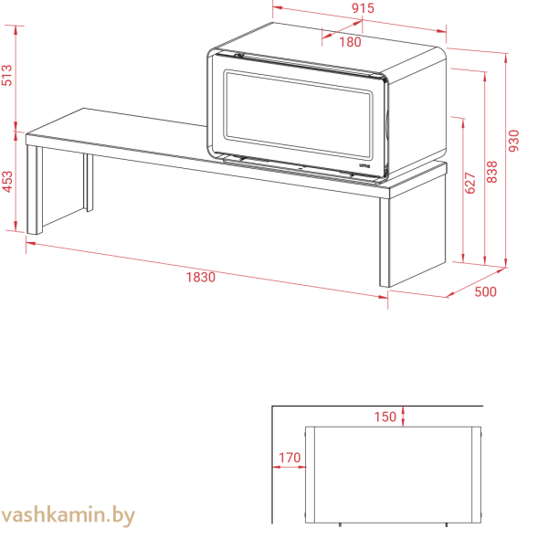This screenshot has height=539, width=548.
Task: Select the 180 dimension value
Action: coord(350,41)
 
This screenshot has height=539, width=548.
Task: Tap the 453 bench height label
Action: coord(7,180)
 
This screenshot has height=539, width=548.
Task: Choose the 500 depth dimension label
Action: coord(485,292)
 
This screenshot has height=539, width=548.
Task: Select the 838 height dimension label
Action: coord(492,172)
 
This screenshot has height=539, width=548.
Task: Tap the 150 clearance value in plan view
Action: coord(385,417)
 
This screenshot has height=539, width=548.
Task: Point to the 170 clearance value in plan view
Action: coord(289,458)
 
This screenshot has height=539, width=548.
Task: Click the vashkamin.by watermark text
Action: coord(68,516)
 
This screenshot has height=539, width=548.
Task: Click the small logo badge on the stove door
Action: coord(365,166)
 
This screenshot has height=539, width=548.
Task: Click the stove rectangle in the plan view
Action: coord(393,475)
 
